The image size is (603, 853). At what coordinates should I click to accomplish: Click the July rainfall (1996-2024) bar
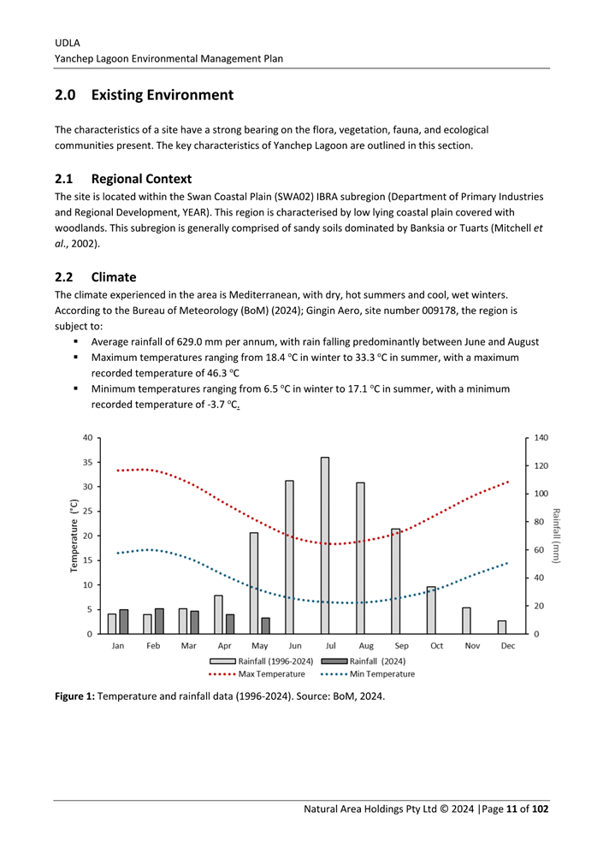click(x=325, y=545)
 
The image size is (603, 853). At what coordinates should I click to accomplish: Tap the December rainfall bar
click(x=502, y=627)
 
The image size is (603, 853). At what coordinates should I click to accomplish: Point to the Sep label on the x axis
click(x=401, y=646)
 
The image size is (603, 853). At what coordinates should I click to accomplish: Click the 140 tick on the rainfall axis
click(x=542, y=437)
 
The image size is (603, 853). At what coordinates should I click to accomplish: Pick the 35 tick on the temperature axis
click(x=87, y=462)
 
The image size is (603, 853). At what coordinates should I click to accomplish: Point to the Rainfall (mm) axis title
click(x=557, y=536)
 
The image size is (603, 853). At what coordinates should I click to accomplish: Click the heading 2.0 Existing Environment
click(x=144, y=94)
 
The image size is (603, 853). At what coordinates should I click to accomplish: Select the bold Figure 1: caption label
click(x=75, y=696)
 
